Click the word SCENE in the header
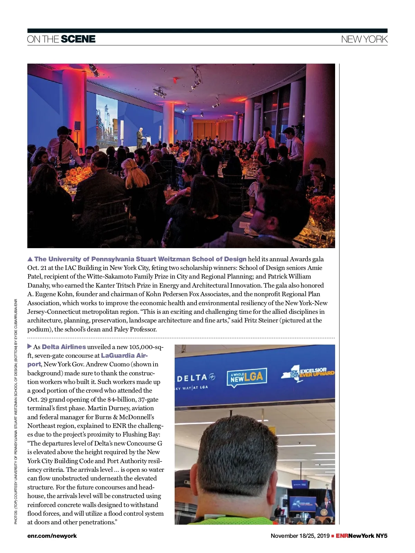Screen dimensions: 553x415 (78, 39)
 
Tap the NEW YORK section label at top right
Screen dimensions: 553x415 (364, 39)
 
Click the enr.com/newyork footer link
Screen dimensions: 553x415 (52, 536)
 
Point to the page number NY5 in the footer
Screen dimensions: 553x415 (382, 536)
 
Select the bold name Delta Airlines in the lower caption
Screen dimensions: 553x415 (64, 347)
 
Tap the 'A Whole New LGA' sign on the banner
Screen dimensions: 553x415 (247, 377)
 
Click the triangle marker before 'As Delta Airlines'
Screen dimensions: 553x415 (30, 346)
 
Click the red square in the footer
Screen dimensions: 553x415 (333, 536)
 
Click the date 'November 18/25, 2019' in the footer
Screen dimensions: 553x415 (300, 536)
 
